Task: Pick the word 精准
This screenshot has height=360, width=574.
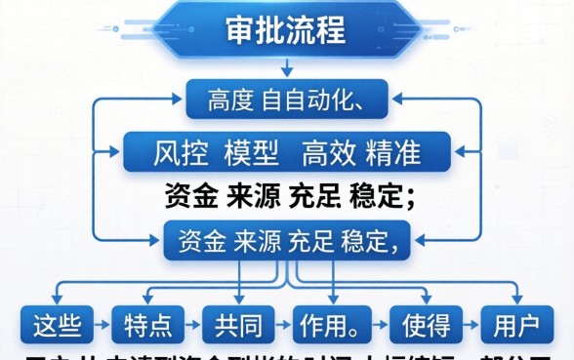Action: point(392,154)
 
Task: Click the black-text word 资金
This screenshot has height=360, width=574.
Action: point(191,196)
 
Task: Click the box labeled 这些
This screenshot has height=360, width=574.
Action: point(57,324)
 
